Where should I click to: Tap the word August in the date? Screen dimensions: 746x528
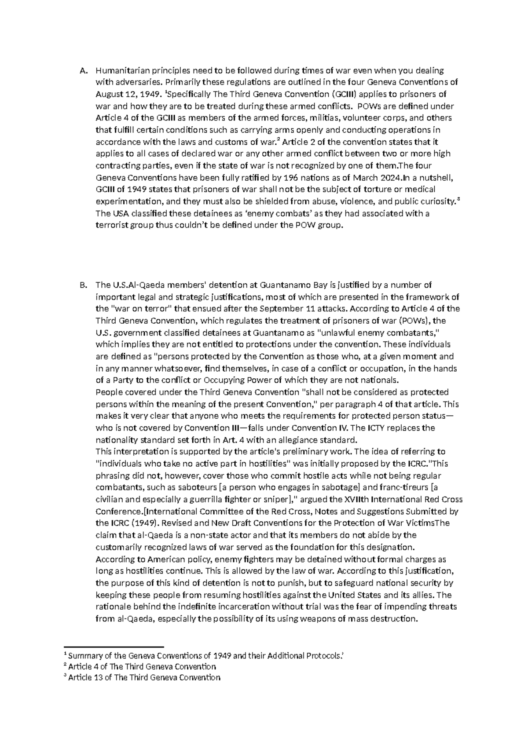coord(109,95)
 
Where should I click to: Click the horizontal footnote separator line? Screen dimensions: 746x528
coord(114,647)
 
